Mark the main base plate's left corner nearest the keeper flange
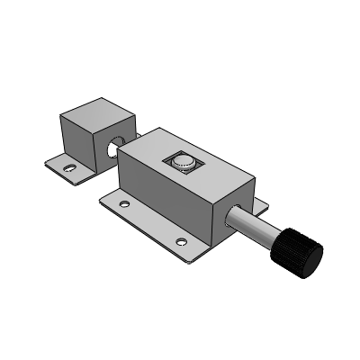pos(102,196)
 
